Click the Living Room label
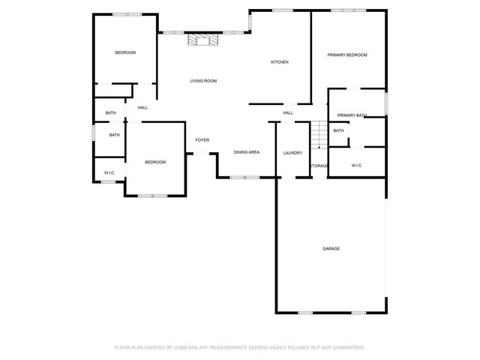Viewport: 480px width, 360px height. (202, 80)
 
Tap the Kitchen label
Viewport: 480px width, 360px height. (280, 62)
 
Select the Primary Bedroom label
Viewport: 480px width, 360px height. (348, 55)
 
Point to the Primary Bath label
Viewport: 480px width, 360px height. (352, 115)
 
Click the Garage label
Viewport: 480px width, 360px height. (331, 248)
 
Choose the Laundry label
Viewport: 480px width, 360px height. (292, 152)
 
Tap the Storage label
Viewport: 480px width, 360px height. (319, 165)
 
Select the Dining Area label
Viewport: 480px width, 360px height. (247, 152)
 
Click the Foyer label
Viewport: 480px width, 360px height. (202, 140)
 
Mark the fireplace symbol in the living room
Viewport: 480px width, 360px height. (203, 40)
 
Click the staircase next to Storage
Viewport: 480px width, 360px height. (319, 135)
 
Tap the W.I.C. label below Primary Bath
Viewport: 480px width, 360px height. (356, 165)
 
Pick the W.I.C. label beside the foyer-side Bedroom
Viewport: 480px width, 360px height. (109, 173)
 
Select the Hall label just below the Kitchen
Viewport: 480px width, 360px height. (287, 113)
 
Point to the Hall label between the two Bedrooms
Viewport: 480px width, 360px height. (142, 107)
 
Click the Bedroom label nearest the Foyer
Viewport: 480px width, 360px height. (155, 162)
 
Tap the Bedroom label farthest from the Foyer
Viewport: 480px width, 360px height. (125, 52)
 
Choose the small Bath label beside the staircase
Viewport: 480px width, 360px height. (338, 130)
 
